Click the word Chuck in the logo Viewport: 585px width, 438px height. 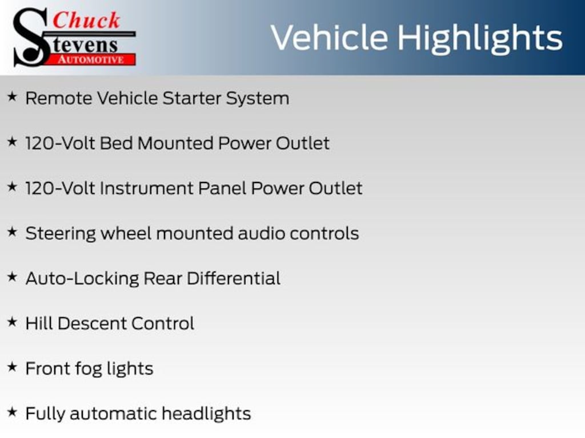point(86,21)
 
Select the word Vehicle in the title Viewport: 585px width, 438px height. point(330,37)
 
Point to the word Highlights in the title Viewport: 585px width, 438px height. point(480,38)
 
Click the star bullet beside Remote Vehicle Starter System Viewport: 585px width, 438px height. point(13,97)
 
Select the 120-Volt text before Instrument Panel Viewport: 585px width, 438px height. point(60,188)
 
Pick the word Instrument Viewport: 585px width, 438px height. point(147,188)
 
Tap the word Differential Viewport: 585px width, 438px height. point(234,278)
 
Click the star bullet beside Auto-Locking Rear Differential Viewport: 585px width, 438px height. point(13,277)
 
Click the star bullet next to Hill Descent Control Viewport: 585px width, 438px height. point(13,322)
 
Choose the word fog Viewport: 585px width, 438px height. point(89,369)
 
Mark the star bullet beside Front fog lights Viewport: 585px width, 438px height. point(13,367)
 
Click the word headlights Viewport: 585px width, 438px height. point(206,414)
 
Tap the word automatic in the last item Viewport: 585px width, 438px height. point(114,414)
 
